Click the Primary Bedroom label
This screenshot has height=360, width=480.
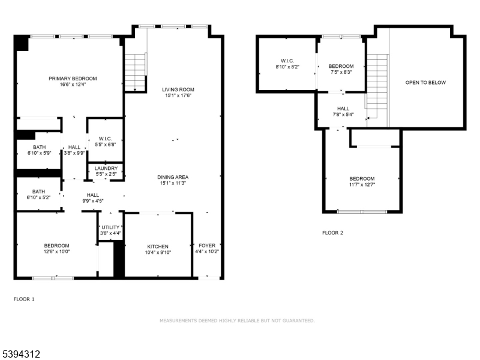click(x=73, y=79)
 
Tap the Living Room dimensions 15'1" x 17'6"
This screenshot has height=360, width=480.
click(x=178, y=95)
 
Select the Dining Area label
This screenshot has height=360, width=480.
click(x=173, y=177)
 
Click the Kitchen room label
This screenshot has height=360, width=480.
click(x=158, y=247)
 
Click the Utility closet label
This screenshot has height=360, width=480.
click(x=110, y=227)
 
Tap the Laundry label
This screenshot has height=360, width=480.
click(x=106, y=169)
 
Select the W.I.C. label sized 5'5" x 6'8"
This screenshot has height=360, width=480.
click(x=106, y=139)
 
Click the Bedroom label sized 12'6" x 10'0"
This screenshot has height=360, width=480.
click(x=56, y=245)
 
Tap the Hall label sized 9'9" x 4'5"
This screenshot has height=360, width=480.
click(x=93, y=195)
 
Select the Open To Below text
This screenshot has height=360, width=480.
click(x=425, y=82)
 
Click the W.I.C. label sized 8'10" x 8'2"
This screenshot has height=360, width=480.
click(x=287, y=61)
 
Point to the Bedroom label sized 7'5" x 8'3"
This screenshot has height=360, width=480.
click(x=341, y=66)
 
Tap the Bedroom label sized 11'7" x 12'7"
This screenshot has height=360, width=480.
click(x=362, y=179)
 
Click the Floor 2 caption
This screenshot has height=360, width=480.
click(x=332, y=233)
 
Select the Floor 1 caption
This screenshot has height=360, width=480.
click(x=24, y=298)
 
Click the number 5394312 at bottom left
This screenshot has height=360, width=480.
click(x=21, y=355)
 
